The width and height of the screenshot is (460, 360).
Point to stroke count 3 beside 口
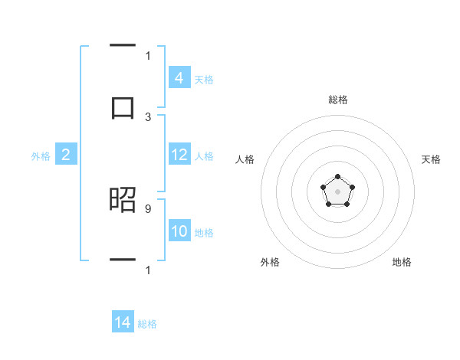point(148,116)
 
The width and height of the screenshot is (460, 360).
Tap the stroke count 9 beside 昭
point(148,208)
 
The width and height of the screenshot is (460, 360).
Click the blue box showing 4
point(179,78)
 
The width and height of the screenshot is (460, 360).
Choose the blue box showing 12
point(179,155)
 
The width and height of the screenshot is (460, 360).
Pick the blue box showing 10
point(179,231)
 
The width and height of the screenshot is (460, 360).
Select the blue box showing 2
point(66,155)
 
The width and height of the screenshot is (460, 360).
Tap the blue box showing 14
point(123,322)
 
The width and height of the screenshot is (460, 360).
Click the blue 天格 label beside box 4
point(204,79)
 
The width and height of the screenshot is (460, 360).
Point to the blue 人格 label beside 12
point(204,155)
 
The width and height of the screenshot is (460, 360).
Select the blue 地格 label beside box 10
point(204,232)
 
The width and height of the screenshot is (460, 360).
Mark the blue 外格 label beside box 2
point(41,155)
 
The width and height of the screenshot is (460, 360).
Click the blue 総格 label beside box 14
point(147,323)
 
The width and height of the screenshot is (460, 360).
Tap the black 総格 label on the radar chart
point(337,100)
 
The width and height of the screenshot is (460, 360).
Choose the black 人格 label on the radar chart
point(245,159)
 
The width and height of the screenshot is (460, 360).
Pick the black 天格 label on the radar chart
point(431,159)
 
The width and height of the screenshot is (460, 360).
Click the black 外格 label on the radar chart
point(270,262)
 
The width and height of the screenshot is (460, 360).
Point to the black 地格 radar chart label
point(402,262)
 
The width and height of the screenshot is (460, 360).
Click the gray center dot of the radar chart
point(337,191)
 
